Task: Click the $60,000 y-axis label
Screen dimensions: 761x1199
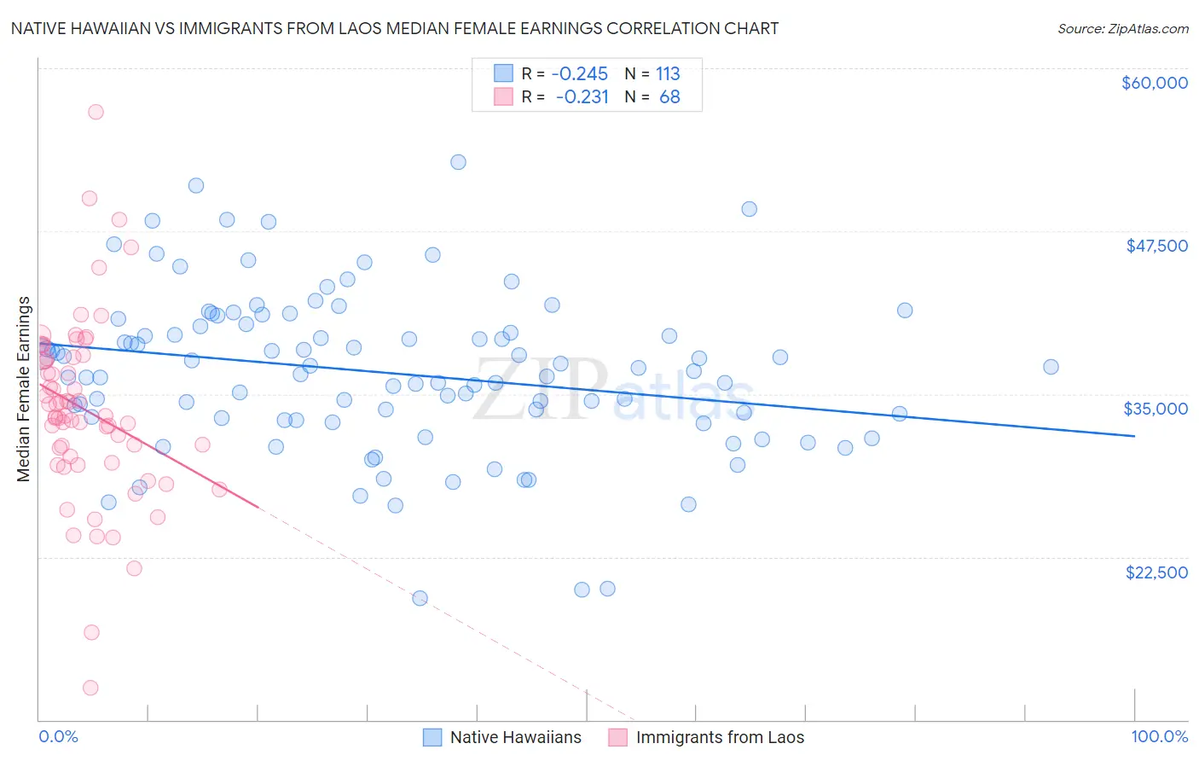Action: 1154,83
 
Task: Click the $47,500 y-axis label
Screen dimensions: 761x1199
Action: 1156,246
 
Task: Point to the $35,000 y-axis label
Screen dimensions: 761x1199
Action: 1156,409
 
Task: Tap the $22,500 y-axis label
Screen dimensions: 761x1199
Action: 1156,572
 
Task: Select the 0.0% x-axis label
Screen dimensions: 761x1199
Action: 58,736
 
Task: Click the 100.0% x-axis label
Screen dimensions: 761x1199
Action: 1159,736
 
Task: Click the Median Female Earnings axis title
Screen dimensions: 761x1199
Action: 24,389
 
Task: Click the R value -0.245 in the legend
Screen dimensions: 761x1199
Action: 579,74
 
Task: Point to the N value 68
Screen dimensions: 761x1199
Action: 669,97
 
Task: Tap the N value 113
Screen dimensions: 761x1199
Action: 668,74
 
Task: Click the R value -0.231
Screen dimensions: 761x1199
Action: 582,97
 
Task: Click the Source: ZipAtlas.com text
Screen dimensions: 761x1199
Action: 1122,29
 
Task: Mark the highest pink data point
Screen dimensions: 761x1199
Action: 96,112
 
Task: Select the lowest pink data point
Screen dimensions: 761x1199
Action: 90,688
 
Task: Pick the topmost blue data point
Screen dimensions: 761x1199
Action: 458,162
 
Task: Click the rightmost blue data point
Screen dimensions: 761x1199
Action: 1051,367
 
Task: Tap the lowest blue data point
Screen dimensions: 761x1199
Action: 420,598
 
